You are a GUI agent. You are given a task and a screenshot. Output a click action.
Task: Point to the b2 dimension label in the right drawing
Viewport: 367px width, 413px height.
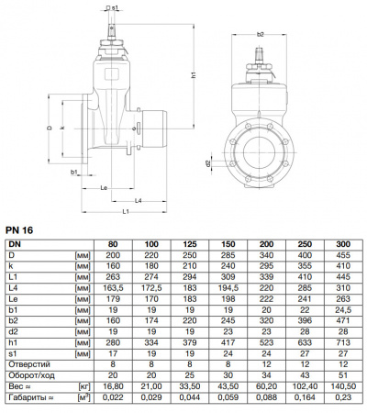(x=261, y=34)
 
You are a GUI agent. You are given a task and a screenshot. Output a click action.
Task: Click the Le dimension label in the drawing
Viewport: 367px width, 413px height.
(x=105, y=185)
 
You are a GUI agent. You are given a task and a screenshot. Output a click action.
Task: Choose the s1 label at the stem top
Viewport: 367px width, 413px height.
(x=116, y=7)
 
